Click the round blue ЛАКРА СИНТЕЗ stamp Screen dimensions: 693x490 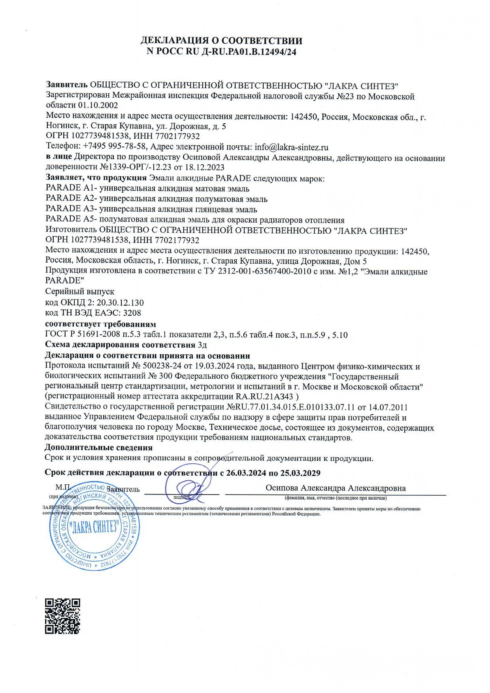pos(94,527)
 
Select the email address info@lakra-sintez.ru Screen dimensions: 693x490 pos(292,147)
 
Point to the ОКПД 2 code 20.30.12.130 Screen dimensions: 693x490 pos(120,303)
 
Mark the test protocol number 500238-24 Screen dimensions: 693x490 pos(162,366)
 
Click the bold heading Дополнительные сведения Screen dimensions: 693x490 pos(99,448)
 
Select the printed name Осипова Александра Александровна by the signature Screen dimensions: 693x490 pos(335,488)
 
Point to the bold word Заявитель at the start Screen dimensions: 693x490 pos(66,85)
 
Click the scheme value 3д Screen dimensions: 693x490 pos(202,344)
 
